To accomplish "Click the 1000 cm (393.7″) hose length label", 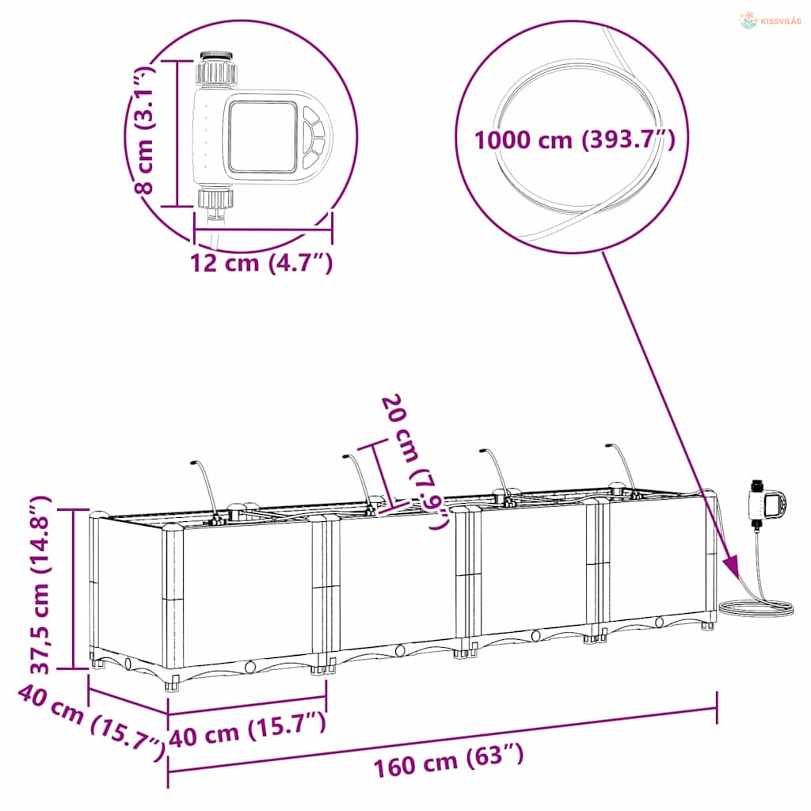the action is tap(575, 140).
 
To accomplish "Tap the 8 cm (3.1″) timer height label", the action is tap(143, 129).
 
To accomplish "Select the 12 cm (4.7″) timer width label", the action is tap(261, 263).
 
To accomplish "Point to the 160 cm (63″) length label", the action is tap(448, 760).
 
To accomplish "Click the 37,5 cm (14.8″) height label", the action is tap(40, 584).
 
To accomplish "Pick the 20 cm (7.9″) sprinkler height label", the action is tap(413, 462).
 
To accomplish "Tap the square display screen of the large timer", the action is tap(263, 136).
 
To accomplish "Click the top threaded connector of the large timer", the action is tap(217, 68).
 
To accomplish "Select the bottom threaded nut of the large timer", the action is tap(215, 199).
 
